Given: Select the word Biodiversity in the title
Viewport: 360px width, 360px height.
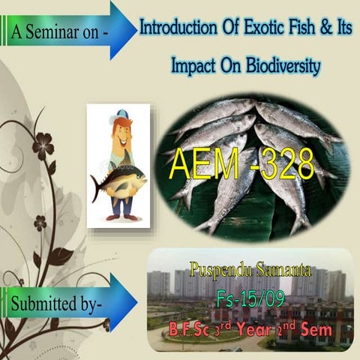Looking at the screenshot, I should coord(280,67).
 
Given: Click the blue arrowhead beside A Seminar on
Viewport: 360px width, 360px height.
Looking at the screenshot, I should coord(120,31).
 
